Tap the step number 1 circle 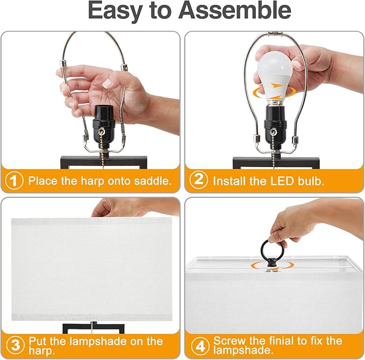[15, 181]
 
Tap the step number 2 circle [199, 181]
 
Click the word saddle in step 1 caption [151, 181]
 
